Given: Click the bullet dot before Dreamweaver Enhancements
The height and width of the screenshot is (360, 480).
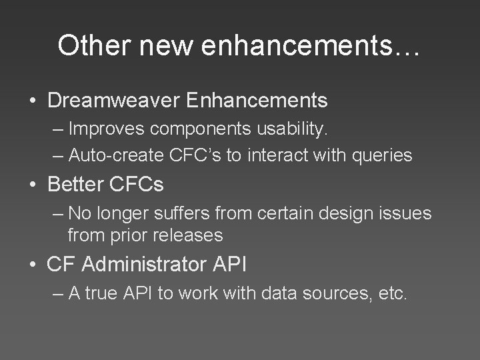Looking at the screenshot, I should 32,101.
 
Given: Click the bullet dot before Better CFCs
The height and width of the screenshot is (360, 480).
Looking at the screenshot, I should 32,185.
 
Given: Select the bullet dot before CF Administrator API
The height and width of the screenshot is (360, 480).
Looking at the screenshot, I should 32,265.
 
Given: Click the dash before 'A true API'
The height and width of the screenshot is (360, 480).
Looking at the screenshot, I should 57,294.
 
